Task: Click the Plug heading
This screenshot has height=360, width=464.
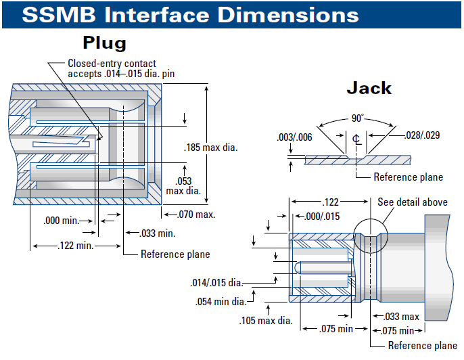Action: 104,43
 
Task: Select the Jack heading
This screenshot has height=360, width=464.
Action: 369,88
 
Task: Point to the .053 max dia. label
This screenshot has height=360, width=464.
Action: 183,185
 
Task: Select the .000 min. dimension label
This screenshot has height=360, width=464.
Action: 60,221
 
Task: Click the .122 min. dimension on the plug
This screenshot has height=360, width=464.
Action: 75,246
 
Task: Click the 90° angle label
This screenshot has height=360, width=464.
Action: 356,118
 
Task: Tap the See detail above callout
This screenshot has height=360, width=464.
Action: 413,202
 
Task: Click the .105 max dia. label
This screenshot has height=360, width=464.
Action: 265,319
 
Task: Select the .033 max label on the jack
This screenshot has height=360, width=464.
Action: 402,316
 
